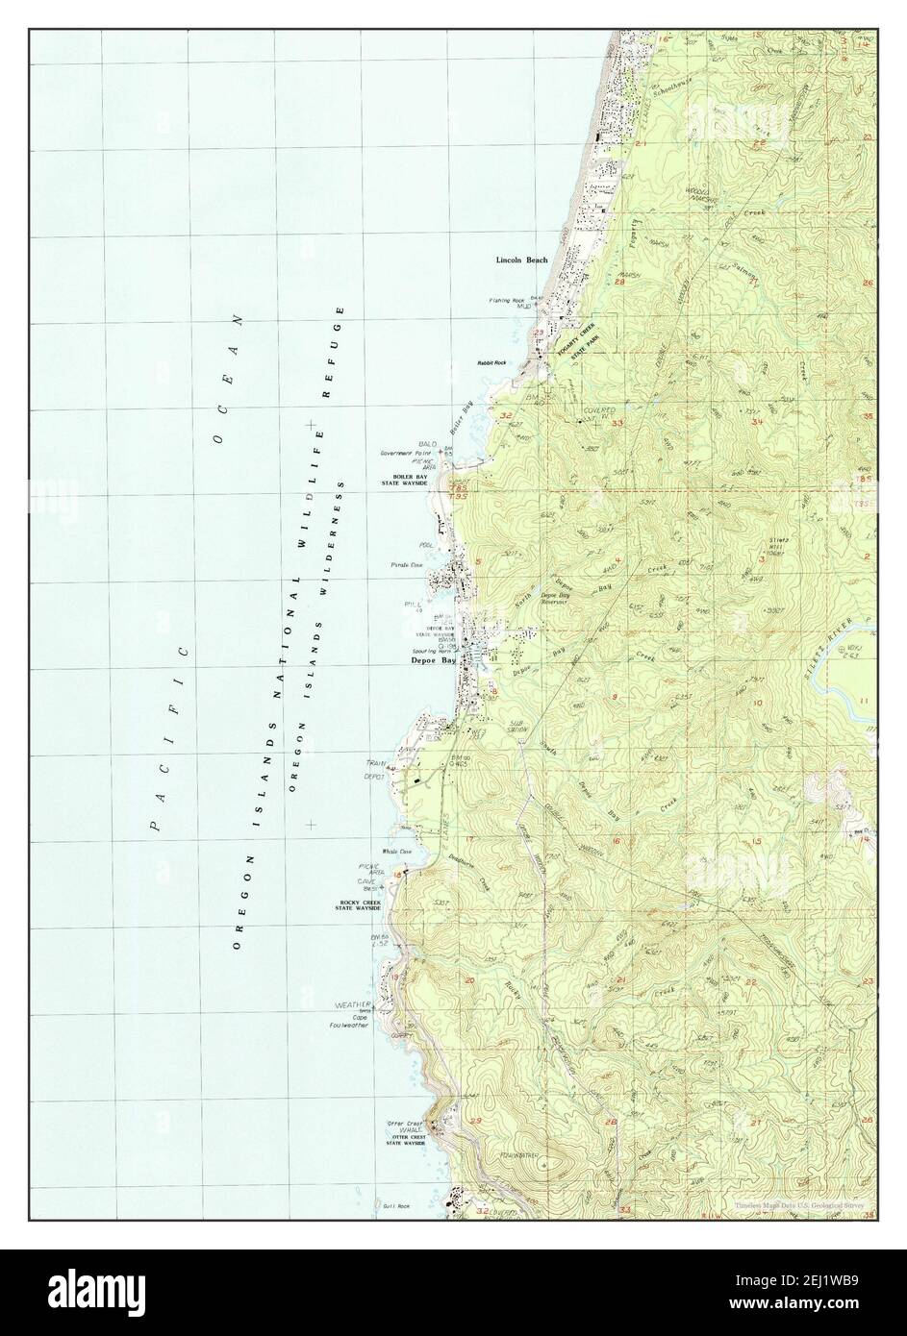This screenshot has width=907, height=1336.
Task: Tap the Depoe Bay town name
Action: click(432, 661)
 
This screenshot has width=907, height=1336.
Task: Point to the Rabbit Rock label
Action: click(491, 363)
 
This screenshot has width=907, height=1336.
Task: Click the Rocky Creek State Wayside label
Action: click(360, 905)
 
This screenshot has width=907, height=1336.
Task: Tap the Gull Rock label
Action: click(395, 1206)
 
